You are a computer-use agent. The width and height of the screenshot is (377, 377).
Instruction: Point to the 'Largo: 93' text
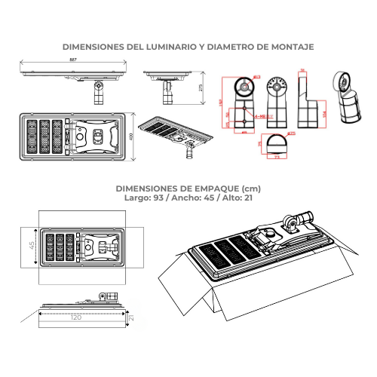click(142, 197)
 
